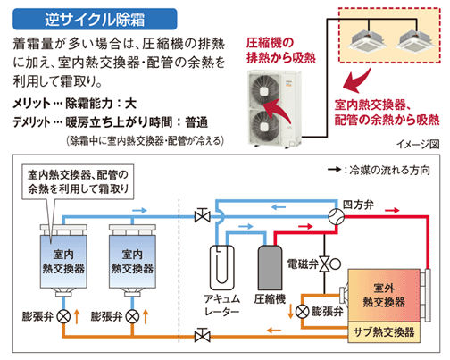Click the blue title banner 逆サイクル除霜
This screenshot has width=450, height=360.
[x=95, y=19]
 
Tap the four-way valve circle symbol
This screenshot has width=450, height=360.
[x=337, y=216]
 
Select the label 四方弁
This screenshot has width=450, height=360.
[x=358, y=205]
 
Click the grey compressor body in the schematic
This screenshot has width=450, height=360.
[x=270, y=267]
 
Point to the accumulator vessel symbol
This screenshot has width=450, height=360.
[x=222, y=267]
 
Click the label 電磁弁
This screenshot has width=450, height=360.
[x=302, y=264]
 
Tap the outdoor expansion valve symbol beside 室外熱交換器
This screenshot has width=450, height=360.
[x=303, y=312]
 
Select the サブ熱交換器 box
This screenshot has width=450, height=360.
[x=384, y=331]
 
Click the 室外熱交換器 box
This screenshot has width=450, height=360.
[x=384, y=296]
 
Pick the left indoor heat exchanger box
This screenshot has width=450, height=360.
[x=63, y=262]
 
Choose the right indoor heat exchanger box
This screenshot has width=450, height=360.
[x=132, y=262]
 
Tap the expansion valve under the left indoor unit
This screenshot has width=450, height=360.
[x=63, y=316]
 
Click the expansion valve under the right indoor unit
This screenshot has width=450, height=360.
[x=132, y=316]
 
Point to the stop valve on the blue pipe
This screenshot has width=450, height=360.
[x=203, y=215]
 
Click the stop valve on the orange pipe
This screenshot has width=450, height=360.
[x=203, y=336]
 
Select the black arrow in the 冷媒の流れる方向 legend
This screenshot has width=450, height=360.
[x=334, y=170]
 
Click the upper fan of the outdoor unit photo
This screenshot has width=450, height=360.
[x=264, y=90]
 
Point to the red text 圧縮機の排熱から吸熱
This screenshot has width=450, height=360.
[x=280, y=50]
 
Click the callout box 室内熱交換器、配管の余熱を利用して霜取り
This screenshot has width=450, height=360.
[x=78, y=181]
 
